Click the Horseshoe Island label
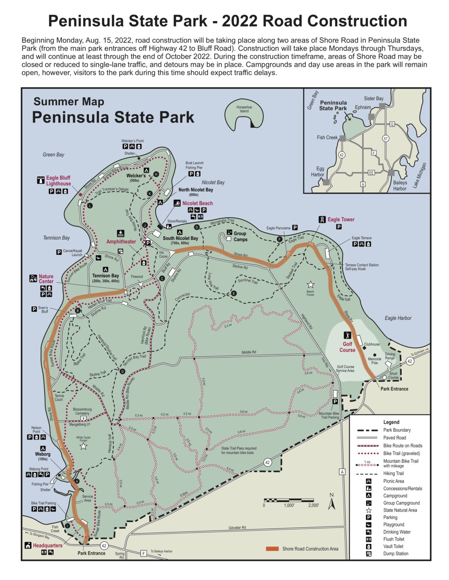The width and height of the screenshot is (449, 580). [x=244, y=109]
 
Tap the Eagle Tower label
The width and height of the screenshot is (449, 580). [x=341, y=219]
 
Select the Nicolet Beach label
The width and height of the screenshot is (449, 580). [x=197, y=203]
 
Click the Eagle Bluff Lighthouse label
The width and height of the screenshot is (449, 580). [x=58, y=181]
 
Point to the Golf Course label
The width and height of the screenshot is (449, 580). [x=347, y=347]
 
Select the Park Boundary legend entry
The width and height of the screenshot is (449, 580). [x=397, y=430]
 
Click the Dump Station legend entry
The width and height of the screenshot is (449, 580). [x=396, y=554]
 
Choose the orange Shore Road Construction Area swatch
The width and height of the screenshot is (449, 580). [x=272, y=549]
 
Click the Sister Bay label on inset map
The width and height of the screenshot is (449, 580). [x=374, y=99]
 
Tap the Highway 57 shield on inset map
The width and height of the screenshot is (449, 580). [x=385, y=139]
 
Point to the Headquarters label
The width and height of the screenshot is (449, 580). [x=47, y=545]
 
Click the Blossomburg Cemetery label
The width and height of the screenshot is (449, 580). [x=82, y=411]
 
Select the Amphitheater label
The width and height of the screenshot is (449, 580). [x=121, y=242]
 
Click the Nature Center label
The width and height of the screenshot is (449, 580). [x=46, y=279]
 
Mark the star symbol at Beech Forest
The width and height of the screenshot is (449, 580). [x=311, y=284]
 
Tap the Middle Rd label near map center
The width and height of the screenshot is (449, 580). [x=249, y=352]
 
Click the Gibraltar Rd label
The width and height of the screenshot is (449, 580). [x=237, y=528]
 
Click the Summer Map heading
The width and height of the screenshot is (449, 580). [x=69, y=102]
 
